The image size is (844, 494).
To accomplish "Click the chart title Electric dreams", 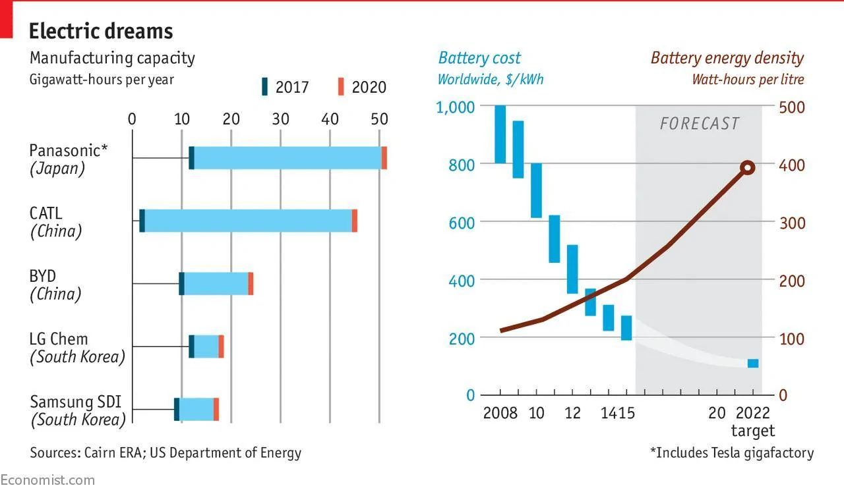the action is [101, 31].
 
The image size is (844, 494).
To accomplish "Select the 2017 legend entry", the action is [286, 87].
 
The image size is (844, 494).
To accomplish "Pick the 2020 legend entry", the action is [362, 87].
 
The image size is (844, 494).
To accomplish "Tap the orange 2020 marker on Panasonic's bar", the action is [384, 158].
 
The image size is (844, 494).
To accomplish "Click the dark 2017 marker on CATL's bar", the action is [142, 221].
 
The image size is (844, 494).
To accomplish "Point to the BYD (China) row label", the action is [55, 285].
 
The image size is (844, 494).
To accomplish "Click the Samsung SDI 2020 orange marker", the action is [216, 409].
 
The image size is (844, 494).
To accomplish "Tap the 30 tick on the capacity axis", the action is [280, 119].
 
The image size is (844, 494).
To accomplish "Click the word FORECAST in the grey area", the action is [700, 124].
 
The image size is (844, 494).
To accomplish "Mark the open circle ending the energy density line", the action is [748, 167].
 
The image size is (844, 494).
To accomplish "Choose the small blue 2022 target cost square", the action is [753, 364].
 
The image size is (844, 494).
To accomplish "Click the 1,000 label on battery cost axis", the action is [455, 107].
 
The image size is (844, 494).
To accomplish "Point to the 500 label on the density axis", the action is [792, 107].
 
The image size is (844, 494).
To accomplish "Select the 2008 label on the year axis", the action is [500, 413].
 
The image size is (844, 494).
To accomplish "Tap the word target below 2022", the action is [753, 430].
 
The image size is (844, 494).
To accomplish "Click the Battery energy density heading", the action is [727, 59].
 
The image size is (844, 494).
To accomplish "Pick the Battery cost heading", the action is [479, 59].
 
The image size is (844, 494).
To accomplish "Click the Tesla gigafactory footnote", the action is [732, 453].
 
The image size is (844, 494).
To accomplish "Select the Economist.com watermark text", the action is [47, 480].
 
